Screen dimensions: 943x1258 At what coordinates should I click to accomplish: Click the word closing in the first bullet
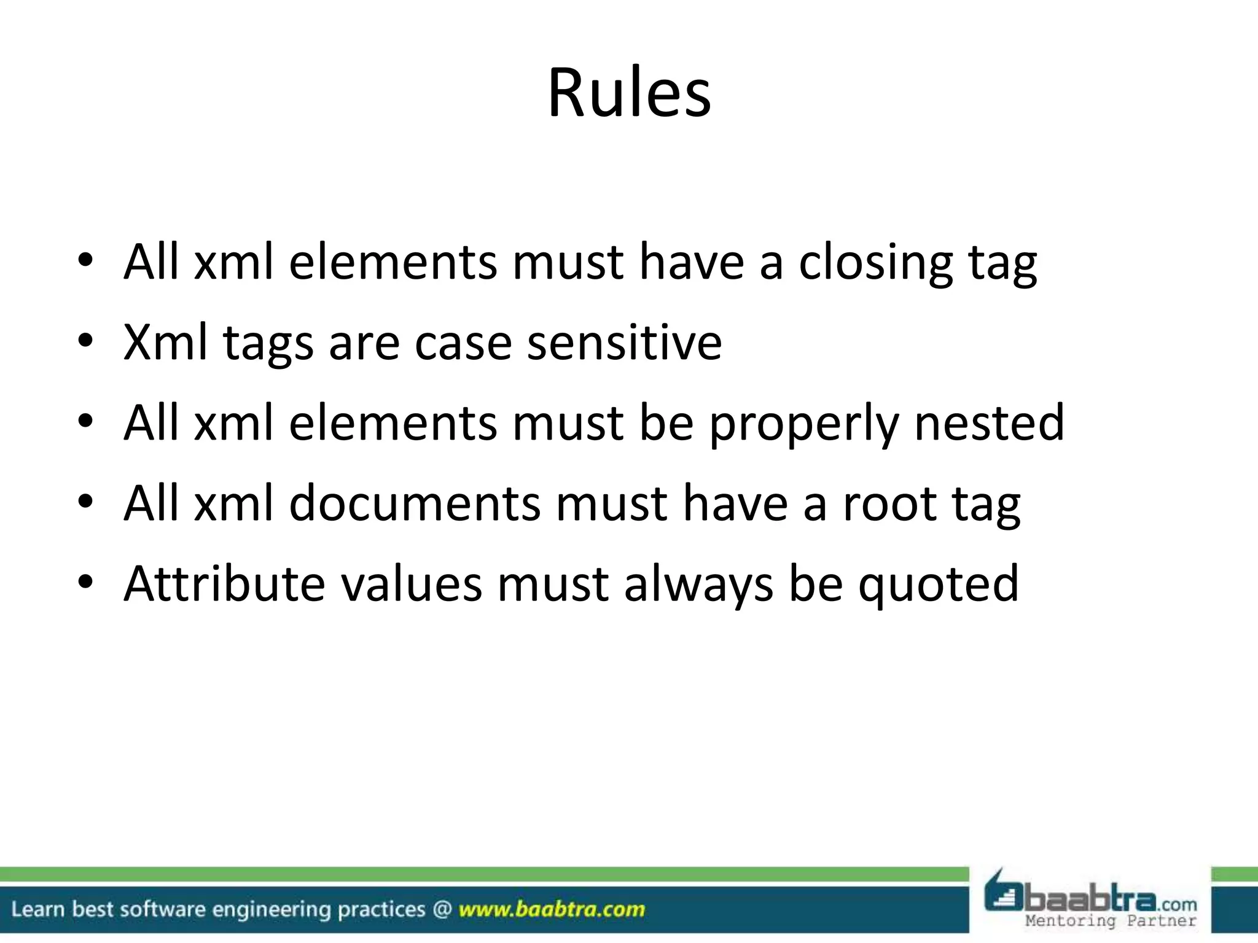[875, 263]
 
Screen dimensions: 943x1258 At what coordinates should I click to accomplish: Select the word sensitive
[624, 343]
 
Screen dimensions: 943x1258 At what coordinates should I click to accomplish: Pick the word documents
[415, 503]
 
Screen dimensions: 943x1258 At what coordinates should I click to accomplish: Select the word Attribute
[224, 583]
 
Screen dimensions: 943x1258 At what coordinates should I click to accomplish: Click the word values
[412, 583]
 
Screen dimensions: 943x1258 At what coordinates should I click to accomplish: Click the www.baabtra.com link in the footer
[552, 909]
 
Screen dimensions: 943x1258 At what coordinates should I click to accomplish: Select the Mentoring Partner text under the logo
[1111, 921]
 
